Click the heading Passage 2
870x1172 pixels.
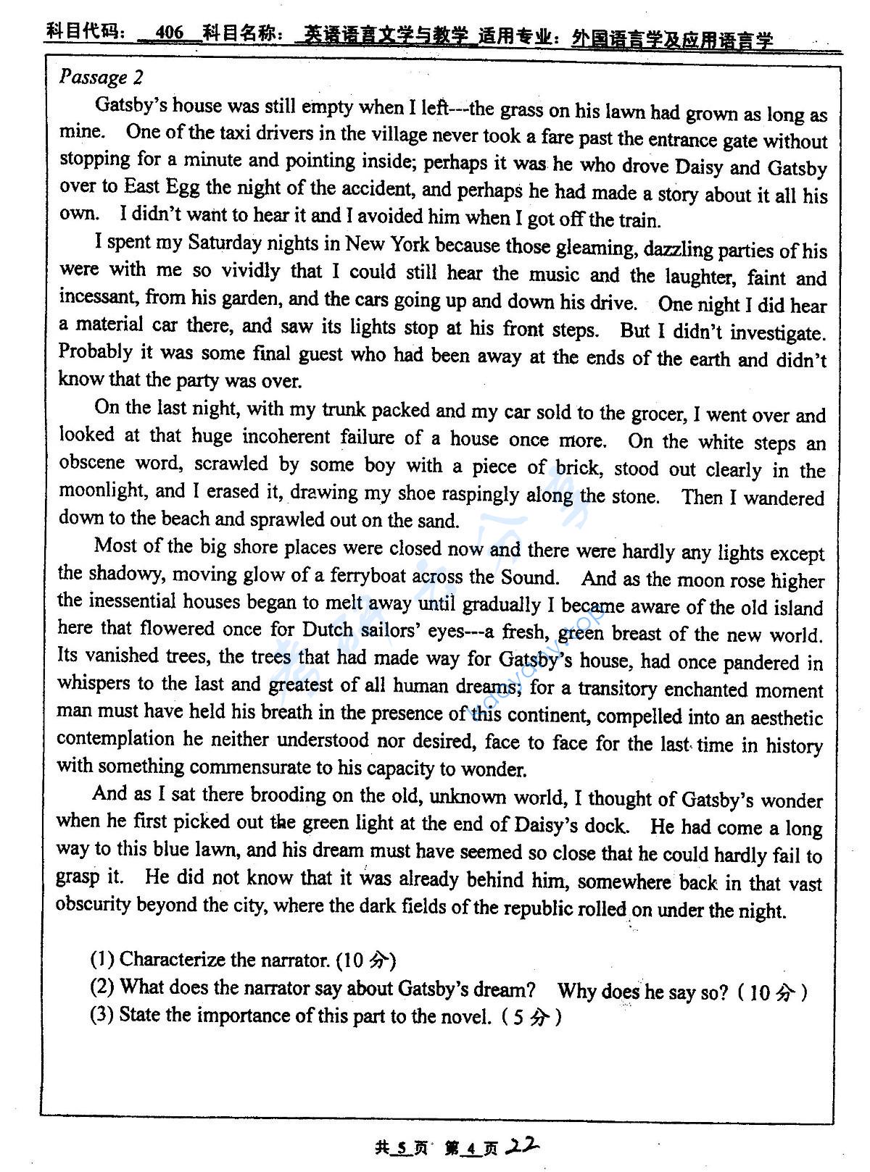pyautogui.click(x=101, y=78)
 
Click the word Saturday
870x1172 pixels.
pyautogui.click(x=225, y=243)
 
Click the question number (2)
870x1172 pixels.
pyautogui.click(x=102, y=987)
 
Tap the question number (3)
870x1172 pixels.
pyautogui.click(x=102, y=1014)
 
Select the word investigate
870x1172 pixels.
pyautogui.click(x=778, y=332)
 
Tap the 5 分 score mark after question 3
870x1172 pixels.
pyautogui.click(x=529, y=1017)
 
